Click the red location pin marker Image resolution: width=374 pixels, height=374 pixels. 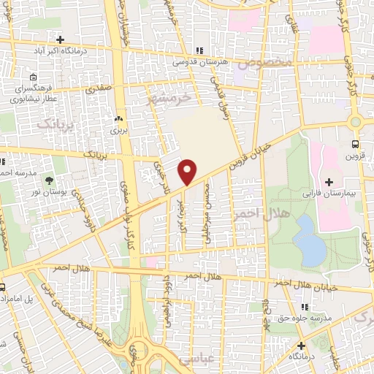[x=188, y=170]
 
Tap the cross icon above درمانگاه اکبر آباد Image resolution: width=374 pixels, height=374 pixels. [x=60, y=39]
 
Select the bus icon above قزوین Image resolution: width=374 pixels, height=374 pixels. [x=355, y=144]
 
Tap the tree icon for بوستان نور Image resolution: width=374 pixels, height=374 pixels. [x=50, y=179]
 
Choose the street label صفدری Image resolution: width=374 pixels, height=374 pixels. [x=99, y=90]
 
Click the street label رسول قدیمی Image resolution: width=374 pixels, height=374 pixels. [x=216, y=93]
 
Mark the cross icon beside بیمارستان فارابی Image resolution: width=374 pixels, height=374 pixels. [x=328, y=181]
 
